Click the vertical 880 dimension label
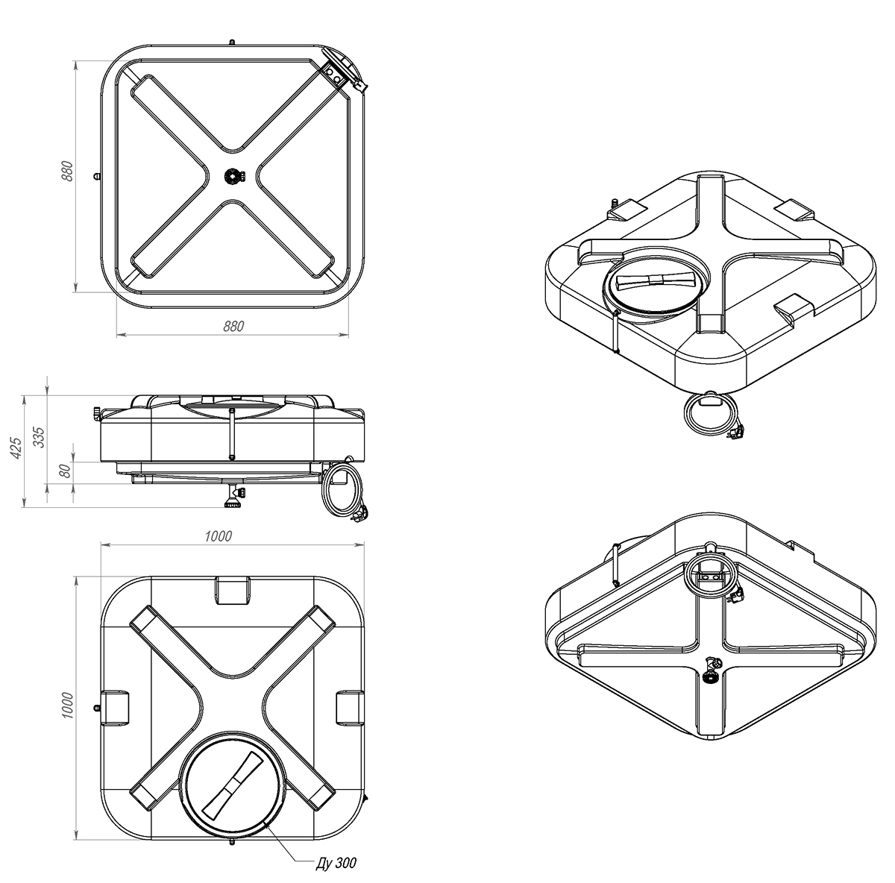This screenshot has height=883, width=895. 67,171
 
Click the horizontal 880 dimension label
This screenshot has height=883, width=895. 233,327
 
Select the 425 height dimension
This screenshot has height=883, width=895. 16,447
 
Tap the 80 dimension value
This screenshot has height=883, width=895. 66,471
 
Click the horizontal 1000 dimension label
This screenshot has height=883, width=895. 219,536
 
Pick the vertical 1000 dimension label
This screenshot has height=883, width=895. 67,705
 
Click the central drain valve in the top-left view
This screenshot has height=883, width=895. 233,177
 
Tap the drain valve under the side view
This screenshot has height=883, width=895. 233,496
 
